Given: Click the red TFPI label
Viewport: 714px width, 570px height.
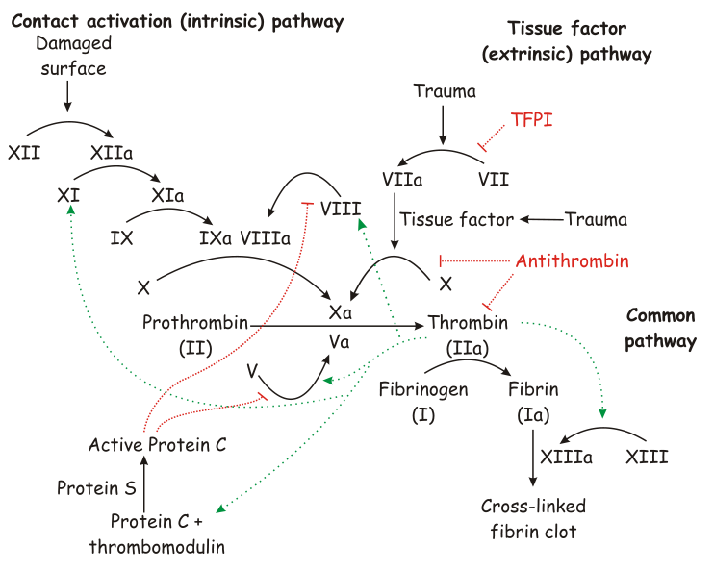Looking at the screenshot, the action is pos(531,120).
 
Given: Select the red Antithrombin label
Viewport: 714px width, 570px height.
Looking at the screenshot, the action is pos(573,261).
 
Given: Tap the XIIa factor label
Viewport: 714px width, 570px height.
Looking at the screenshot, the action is pos(112,153).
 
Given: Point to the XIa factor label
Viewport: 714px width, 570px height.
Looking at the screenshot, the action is pos(167,196).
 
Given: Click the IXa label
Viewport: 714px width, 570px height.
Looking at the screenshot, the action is pos(216,238).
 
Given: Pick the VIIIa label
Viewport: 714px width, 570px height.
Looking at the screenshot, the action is pos(265,238).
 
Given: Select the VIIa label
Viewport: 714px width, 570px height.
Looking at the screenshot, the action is pos(402,180).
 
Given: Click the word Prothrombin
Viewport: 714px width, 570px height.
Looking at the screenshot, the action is pos(195,323).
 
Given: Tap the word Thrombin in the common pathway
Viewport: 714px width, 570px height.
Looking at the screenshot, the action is pos(468,323).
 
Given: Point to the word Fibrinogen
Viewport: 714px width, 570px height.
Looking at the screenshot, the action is pos(423,390).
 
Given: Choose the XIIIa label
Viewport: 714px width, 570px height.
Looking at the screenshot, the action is pos(567,457).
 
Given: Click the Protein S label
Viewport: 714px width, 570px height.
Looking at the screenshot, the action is pos(96,488).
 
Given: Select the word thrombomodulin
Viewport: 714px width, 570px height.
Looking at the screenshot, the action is pos(157,547).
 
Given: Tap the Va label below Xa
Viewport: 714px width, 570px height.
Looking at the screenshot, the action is pos(340,342).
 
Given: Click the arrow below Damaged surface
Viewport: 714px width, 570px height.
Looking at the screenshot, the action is pos(67,96).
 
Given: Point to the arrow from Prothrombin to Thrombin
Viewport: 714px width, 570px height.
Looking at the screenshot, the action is pos(337,326).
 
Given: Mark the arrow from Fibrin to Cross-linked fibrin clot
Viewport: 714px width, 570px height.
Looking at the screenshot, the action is pos(533,458).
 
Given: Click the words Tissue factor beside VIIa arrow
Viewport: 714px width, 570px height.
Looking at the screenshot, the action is pos(457,220).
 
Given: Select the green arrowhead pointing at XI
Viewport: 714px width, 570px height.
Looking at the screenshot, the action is pos(70,209).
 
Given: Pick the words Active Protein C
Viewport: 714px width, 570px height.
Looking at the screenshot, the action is pos(157,445).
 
